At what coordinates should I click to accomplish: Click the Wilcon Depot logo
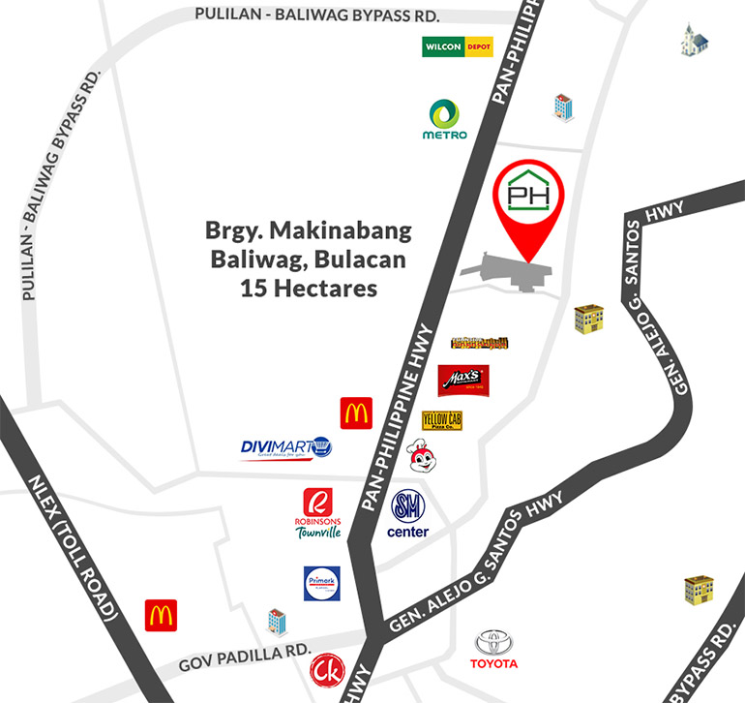[458, 46]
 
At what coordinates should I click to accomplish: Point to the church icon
[694, 41]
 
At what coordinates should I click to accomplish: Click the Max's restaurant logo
[462, 381]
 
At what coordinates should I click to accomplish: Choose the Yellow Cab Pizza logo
[442, 421]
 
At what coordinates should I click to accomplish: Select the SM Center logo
[407, 513]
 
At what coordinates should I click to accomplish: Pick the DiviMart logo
[286, 448]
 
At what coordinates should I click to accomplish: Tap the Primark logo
[321, 584]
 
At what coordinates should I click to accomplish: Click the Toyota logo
[494, 649]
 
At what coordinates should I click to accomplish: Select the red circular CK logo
[325, 669]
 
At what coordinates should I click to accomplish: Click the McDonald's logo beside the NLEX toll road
[161, 615]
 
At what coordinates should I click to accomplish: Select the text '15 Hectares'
[308, 288]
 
